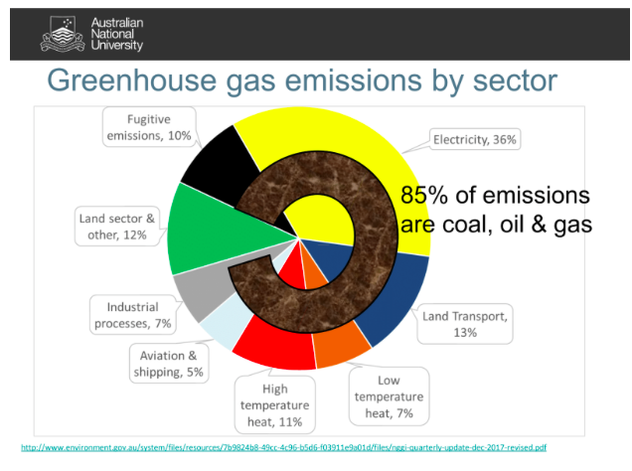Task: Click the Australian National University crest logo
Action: point(63,34)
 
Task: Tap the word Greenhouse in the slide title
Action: point(132,81)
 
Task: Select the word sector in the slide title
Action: point(515,81)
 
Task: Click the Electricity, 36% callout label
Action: point(474,139)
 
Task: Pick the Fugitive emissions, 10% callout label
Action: point(149,127)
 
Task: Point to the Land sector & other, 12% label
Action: point(117,227)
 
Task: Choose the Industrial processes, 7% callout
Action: point(132,315)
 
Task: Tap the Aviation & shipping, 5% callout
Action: point(169,364)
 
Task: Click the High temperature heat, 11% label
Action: point(275,405)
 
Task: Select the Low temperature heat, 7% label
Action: point(389,396)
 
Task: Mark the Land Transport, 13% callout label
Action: point(465,324)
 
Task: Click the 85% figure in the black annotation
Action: point(424,196)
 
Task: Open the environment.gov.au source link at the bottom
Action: point(284,447)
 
